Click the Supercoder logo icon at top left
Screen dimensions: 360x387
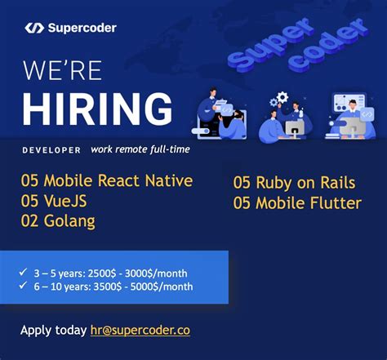pos(33,28)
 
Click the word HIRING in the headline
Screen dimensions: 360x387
pos(97,109)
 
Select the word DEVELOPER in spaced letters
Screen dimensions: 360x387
pos(51,150)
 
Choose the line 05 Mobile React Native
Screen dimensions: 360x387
pos(107,180)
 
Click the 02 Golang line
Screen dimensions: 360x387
pos(58,220)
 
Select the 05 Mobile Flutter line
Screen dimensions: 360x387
pos(296,202)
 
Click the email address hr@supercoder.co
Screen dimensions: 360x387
pos(140,330)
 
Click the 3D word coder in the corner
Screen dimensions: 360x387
pos(335,42)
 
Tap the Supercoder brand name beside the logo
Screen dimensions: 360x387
pos(82,28)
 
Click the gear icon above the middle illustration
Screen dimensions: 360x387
pos(282,98)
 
